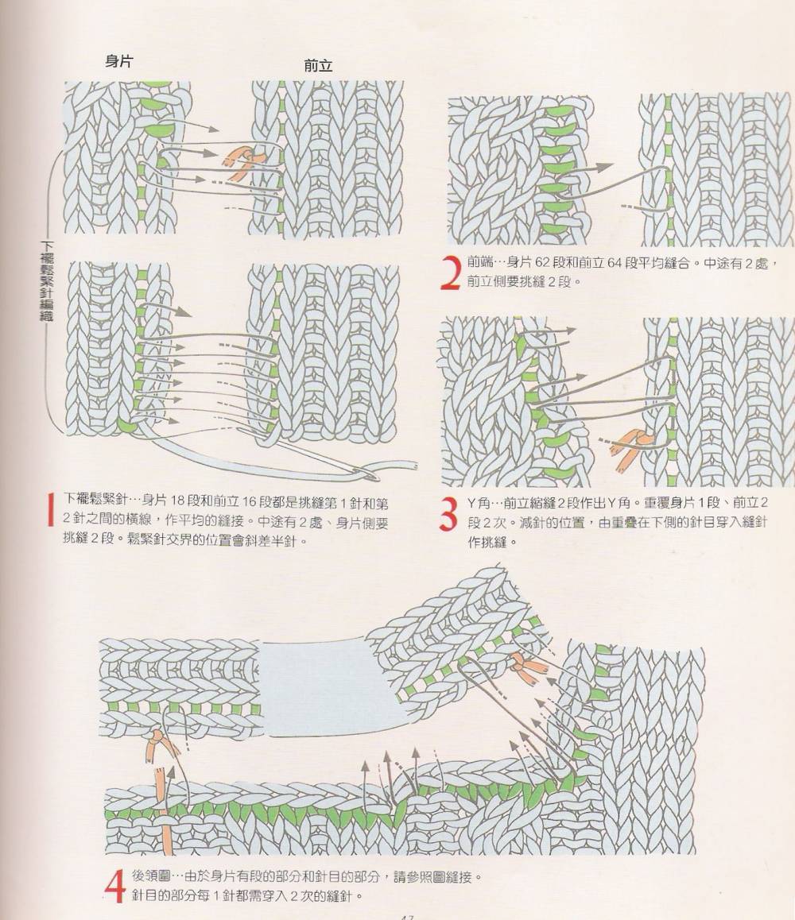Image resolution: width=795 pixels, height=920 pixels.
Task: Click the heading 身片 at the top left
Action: pyautogui.click(x=118, y=61)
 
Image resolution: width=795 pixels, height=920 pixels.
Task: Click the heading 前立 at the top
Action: pyautogui.click(x=318, y=66)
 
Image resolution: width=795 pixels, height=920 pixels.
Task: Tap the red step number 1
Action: pyautogui.click(x=51, y=509)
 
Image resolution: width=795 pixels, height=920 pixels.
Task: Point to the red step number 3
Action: pyautogui.click(x=449, y=513)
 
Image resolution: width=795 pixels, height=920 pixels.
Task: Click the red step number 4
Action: pyautogui.click(x=115, y=886)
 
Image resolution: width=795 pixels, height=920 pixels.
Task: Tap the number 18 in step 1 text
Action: pyautogui.click(x=177, y=501)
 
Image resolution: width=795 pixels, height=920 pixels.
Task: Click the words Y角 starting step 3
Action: pyautogui.click(x=479, y=503)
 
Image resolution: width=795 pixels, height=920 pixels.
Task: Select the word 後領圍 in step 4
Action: pyautogui.click(x=151, y=877)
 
